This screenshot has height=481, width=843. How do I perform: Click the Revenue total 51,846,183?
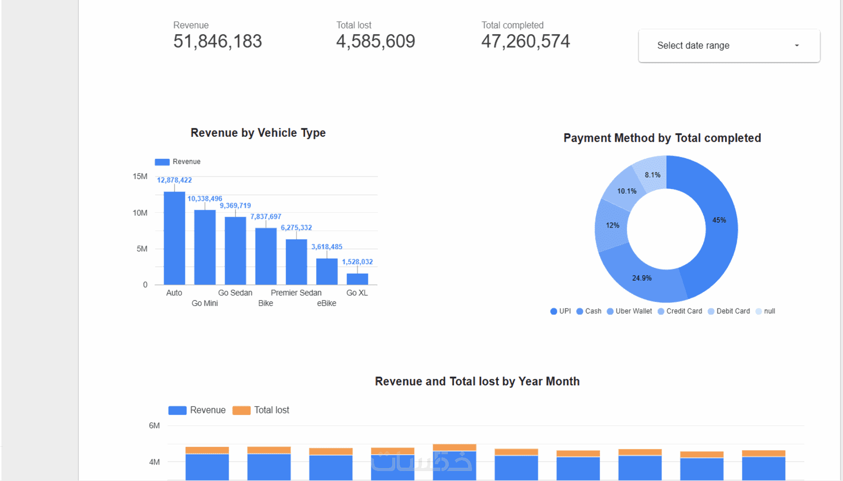point(217,42)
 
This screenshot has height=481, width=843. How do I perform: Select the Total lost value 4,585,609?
point(375,42)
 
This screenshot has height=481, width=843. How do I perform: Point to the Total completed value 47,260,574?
point(525,42)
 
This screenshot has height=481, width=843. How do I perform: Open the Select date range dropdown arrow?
point(796,46)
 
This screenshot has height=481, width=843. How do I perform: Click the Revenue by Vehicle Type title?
point(258,133)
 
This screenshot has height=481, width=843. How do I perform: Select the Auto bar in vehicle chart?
point(174,238)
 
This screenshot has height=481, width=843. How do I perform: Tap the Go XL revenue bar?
point(357,279)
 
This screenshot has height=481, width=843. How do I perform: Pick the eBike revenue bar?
point(327,271)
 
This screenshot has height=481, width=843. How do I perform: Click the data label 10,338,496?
point(204,199)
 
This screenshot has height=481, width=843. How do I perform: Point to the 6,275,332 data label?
point(296,228)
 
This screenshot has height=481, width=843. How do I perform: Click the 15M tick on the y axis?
point(140,177)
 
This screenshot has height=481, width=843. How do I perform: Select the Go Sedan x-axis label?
point(235,293)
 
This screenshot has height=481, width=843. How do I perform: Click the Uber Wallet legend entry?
point(629,311)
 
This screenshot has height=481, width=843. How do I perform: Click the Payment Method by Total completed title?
point(662,138)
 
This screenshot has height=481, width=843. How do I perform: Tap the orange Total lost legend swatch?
point(241,411)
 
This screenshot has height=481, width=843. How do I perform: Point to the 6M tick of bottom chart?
point(154,425)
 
